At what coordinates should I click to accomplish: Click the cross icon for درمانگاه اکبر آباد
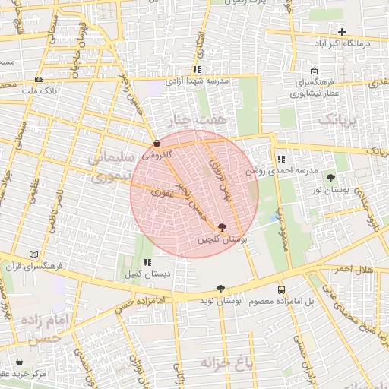click(x=343, y=32)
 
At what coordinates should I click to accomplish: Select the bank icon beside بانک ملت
click(x=40, y=79)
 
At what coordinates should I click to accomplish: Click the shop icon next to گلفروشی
click(x=157, y=142)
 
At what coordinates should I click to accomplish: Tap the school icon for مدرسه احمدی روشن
click(x=281, y=160)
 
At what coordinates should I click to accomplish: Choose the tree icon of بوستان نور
click(x=330, y=178)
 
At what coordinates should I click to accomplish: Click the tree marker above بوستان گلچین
click(x=222, y=226)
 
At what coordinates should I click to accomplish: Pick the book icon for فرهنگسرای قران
click(x=33, y=255)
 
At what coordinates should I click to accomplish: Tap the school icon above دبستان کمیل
click(x=147, y=261)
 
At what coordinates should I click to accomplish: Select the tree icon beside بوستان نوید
click(x=220, y=289)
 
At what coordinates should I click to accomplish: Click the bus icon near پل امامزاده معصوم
click(x=282, y=289)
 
